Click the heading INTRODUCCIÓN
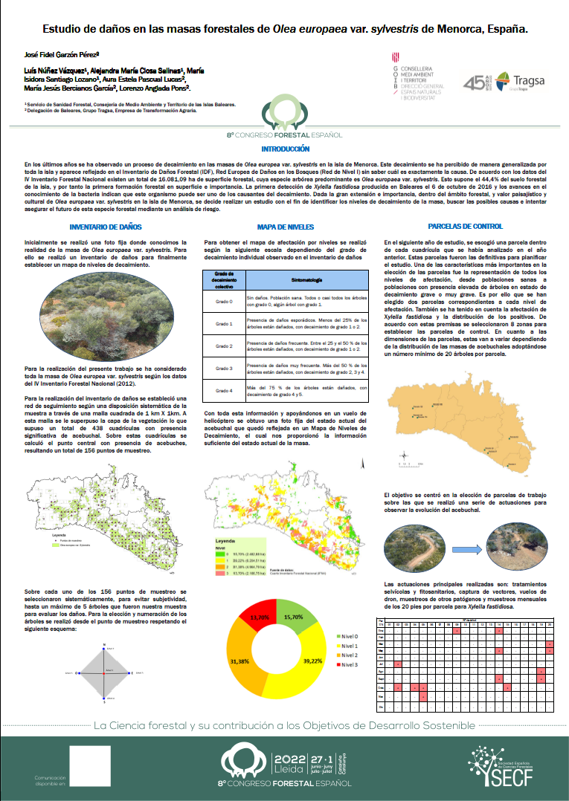coord(285,149)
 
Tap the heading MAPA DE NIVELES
coord(285,227)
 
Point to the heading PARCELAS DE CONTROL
coord(466,227)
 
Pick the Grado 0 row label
coord(224,302)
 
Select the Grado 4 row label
coord(224,390)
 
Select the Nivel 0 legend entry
coord(352,614)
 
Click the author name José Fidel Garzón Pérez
coord(62,54)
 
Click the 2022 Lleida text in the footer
coord(289,764)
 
